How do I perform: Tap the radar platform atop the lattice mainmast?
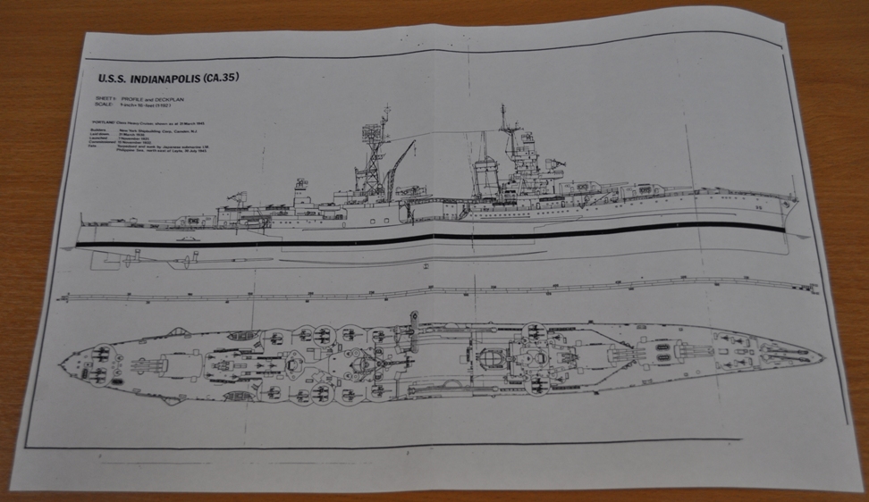pyautogui.click(x=369, y=134)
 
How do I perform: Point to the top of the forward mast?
pyautogui.click(x=502, y=110)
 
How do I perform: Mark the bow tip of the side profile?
pyautogui.click(x=798, y=200)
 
